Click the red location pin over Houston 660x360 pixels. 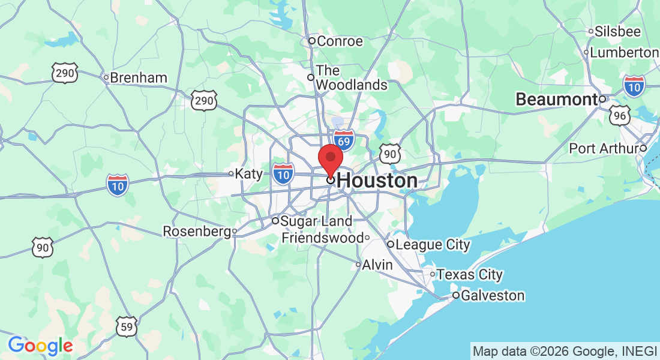330,160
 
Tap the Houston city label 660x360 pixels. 377,181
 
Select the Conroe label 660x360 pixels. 340,41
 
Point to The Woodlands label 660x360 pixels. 351,78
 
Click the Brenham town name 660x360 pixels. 139,77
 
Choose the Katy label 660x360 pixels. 249,173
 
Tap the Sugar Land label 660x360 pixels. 317,221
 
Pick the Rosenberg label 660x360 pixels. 197,231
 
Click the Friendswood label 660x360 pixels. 322,238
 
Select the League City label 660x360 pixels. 433,244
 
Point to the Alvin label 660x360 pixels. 378,265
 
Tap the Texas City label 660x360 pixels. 469,274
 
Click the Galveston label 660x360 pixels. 493,296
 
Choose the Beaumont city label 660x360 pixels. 556,100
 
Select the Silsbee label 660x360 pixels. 618,31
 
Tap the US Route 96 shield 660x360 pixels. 619,116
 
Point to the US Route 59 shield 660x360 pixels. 127,327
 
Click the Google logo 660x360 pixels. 40,346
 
